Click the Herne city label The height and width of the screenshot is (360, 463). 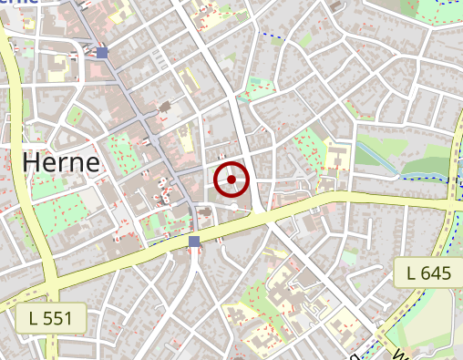click(x=60, y=164)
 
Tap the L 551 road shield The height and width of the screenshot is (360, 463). click(x=51, y=318)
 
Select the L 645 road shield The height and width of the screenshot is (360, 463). click(x=429, y=273)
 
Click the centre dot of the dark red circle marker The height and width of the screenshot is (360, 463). click(x=232, y=180)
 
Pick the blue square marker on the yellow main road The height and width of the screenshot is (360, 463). click(x=194, y=241)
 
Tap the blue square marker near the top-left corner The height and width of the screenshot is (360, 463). click(x=102, y=53)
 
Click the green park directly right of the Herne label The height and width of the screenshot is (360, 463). click(x=120, y=149)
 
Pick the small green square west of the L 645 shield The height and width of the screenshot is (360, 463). click(x=350, y=258)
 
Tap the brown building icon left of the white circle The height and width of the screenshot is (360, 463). click(x=206, y=212)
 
